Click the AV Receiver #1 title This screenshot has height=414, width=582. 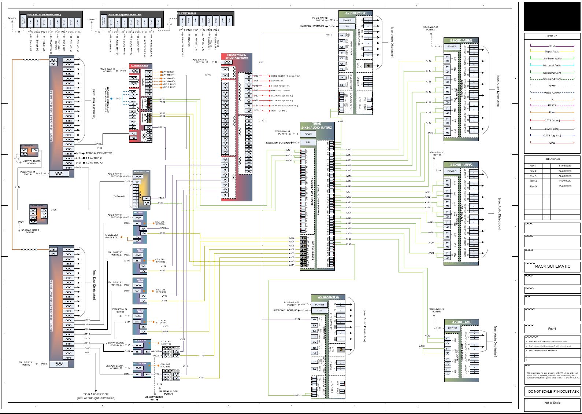click(x=356, y=13)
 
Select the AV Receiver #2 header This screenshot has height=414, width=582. click(x=329, y=297)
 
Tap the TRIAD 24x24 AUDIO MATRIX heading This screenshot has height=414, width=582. click(x=316, y=126)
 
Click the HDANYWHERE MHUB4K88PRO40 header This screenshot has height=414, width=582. click(x=237, y=56)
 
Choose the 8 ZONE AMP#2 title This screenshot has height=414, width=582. click(x=461, y=165)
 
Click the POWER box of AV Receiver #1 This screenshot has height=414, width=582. click(x=347, y=21)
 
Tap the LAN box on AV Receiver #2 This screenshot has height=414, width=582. click(x=319, y=311)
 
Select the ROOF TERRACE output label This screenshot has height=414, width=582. click(x=279, y=110)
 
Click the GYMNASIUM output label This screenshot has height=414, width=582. click(x=277, y=81)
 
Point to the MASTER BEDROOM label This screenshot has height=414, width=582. click(x=281, y=91)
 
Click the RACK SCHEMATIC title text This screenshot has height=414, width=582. click(x=552, y=266)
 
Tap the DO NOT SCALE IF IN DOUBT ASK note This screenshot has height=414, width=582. click(x=553, y=391)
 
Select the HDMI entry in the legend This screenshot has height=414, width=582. click(x=552, y=46)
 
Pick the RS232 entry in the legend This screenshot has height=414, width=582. click(x=552, y=106)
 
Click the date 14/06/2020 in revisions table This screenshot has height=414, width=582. click(x=565, y=181)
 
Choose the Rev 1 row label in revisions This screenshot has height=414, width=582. click(x=533, y=166)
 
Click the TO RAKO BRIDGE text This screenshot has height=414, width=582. click(x=96, y=394)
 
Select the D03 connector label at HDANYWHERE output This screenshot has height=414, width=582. click(x=256, y=76)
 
